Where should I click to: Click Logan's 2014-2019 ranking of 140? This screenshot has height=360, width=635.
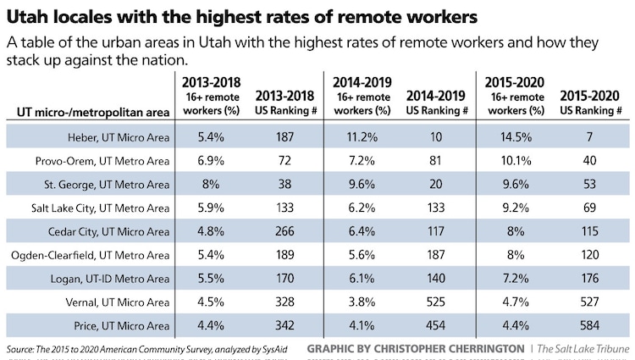click(x=437, y=277)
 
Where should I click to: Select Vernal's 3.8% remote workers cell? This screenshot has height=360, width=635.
click(x=365, y=301)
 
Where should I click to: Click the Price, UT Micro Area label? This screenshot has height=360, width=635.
click(x=126, y=324)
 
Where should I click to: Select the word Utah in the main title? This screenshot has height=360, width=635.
click(x=29, y=16)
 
